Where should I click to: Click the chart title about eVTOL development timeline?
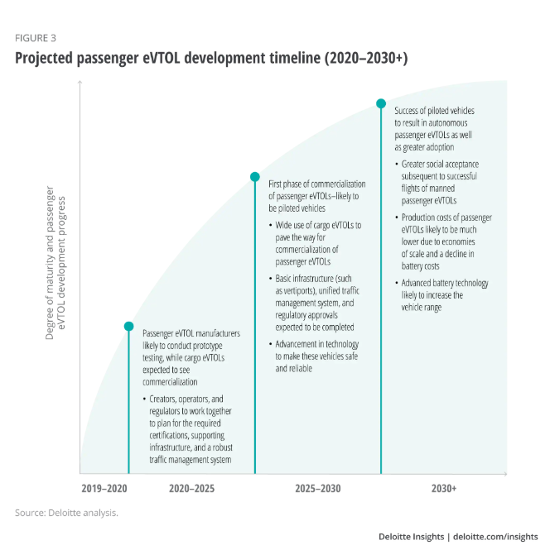(x=211, y=59)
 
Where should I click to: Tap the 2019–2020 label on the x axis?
(x=104, y=489)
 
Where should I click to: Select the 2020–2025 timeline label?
(x=191, y=489)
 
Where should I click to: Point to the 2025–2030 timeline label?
(x=317, y=489)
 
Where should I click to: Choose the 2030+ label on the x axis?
(x=444, y=489)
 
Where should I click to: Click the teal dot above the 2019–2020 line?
(x=128, y=326)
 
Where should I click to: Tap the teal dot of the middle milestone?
(x=255, y=176)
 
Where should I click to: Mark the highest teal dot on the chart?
(x=381, y=103)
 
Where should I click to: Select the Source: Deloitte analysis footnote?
(x=66, y=513)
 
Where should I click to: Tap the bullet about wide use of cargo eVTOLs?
(x=316, y=243)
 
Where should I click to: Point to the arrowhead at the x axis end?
(x=504, y=474)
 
